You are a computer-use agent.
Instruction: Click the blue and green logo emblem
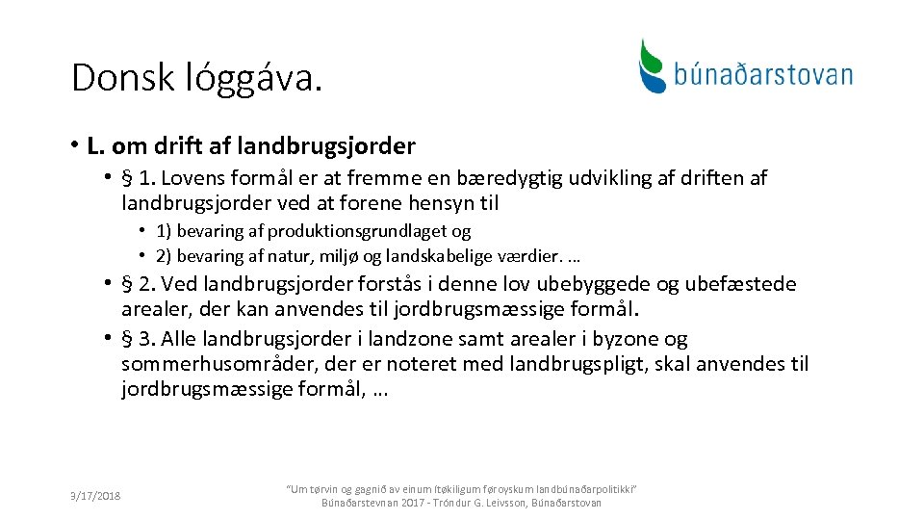coord(654,65)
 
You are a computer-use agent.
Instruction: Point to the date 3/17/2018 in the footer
coord(94,495)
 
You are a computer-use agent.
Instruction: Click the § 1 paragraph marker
coord(140,178)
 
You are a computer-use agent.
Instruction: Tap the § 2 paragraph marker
coord(140,284)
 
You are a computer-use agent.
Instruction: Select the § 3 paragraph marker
coord(140,339)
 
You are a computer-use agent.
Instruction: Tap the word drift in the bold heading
coord(171,146)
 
